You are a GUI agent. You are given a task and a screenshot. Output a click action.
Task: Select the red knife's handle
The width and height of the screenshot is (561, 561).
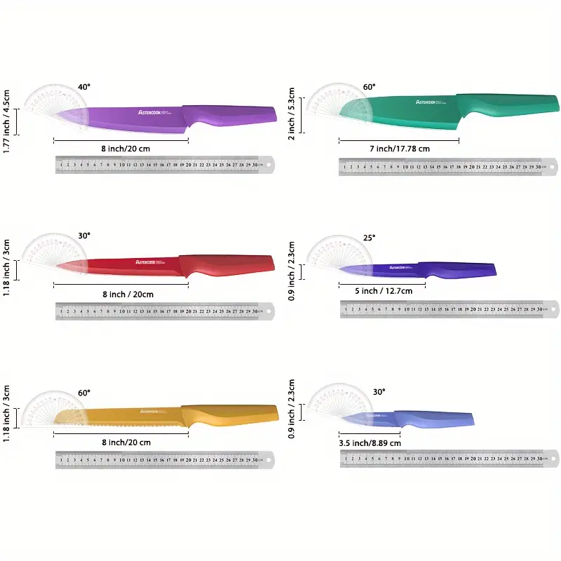coord(228,264)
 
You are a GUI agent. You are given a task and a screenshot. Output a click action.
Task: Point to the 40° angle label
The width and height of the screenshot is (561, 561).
coord(84,87)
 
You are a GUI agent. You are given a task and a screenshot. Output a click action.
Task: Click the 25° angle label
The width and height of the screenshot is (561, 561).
coord(369,238)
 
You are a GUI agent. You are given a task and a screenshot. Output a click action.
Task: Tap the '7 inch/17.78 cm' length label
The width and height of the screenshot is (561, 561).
coord(398,148)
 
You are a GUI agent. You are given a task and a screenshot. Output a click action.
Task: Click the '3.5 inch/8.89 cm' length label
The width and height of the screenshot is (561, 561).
coord(370,442)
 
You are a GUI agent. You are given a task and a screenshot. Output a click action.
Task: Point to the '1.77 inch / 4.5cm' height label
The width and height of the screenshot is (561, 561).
coord(6,121)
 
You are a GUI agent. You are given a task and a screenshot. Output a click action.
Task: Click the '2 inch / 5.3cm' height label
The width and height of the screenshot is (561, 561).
coord(292,114)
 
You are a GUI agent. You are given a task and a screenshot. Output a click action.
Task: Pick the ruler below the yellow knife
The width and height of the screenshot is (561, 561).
coord(165,459)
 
